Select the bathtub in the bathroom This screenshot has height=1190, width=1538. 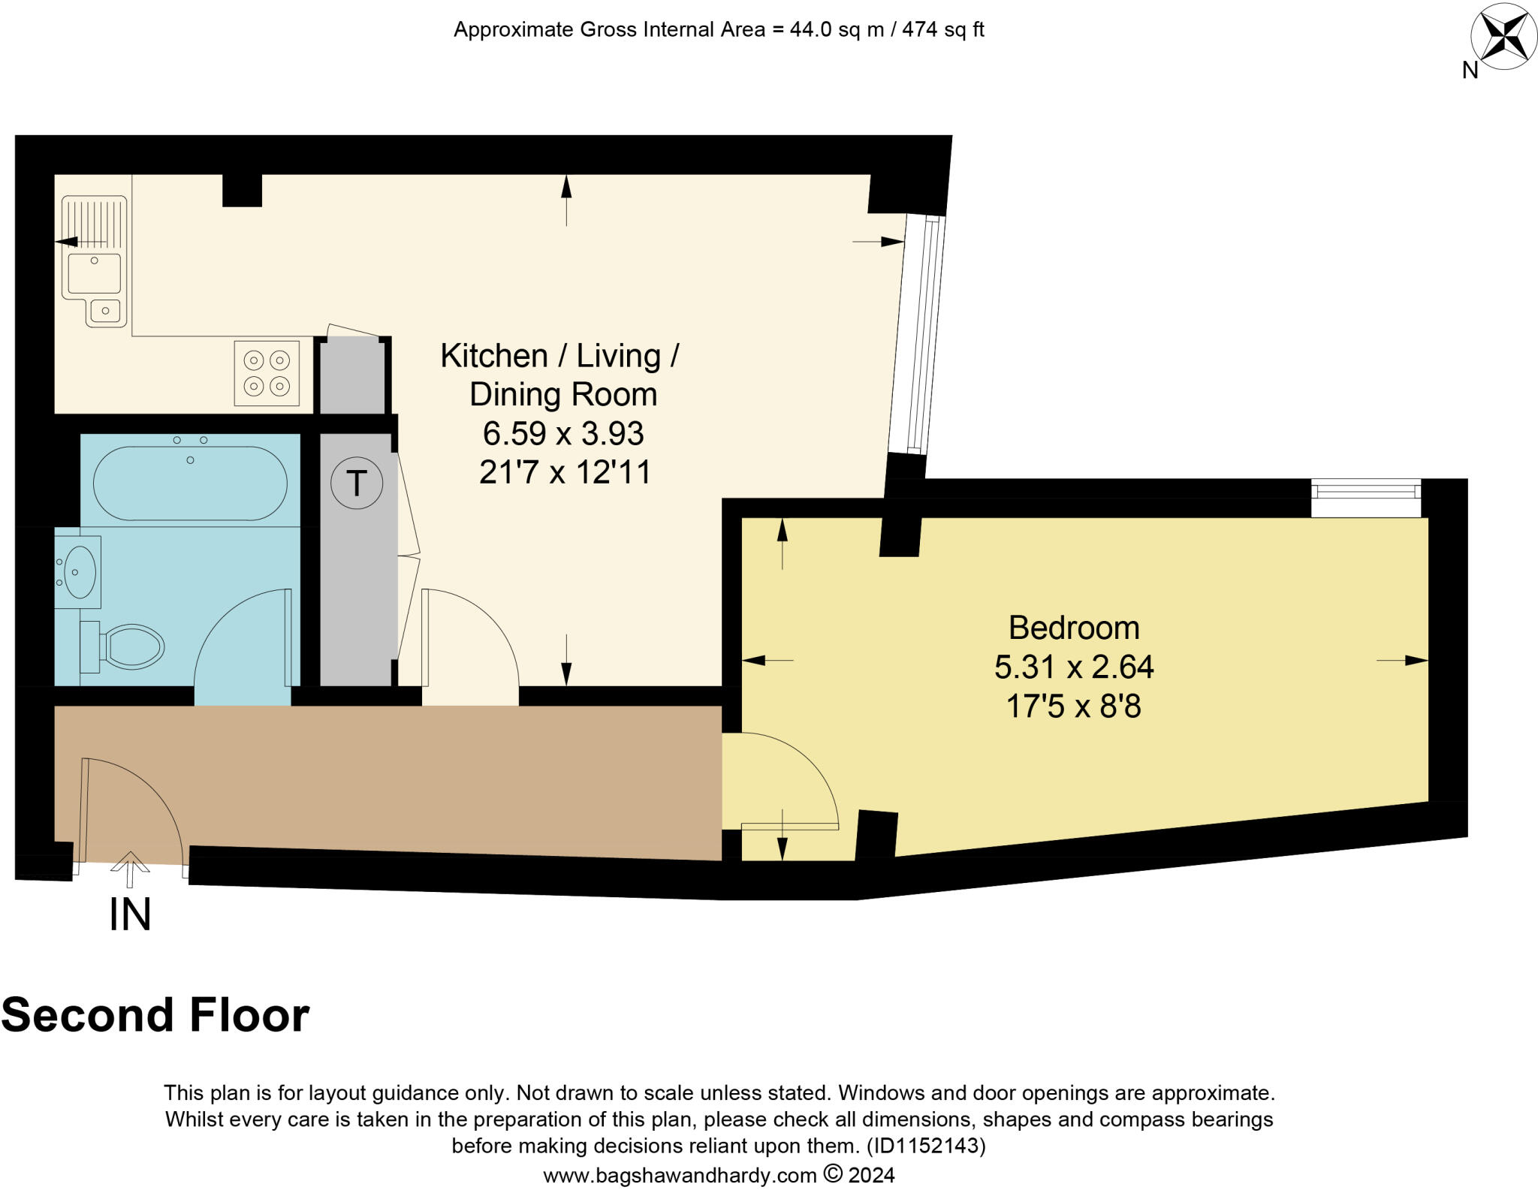tap(190, 484)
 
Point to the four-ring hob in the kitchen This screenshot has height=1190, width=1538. tap(267, 373)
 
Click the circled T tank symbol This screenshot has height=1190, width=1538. tap(357, 483)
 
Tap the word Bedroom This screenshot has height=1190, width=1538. tap(1073, 628)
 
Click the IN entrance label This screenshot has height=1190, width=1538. tap(130, 914)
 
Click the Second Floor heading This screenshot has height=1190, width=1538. tap(155, 1015)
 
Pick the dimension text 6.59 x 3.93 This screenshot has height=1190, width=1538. tap(563, 433)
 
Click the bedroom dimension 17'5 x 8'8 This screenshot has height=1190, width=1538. tap(1073, 706)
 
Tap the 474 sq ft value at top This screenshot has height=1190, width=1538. tap(942, 30)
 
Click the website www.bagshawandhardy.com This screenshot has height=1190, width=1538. tap(680, 1175)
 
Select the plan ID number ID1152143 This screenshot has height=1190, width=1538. tap(924, 1146)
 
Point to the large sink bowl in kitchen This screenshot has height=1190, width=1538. tap(94, 273)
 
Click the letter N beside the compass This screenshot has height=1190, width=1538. tap(1470, 71)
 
